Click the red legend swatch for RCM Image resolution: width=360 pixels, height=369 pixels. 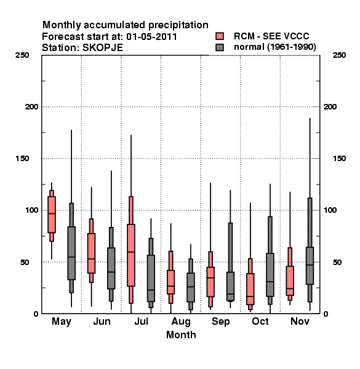(220, 36)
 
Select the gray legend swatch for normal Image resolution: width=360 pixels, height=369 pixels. (220, 47)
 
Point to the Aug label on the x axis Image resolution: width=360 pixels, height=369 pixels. (181, 322)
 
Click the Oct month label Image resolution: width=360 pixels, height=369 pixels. (260, 321)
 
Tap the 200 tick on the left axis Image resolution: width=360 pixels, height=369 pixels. (32, 107)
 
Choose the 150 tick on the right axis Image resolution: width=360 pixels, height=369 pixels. (339, 159)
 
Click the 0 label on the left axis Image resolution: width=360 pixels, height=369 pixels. (36, 314)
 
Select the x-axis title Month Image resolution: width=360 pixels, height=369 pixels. (181, 335)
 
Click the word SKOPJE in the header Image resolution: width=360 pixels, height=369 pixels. (102, 48)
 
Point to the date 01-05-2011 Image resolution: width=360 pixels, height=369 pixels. (151, 37)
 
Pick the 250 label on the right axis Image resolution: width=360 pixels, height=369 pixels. (339, 55)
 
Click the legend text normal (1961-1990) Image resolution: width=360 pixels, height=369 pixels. (275, 47)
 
